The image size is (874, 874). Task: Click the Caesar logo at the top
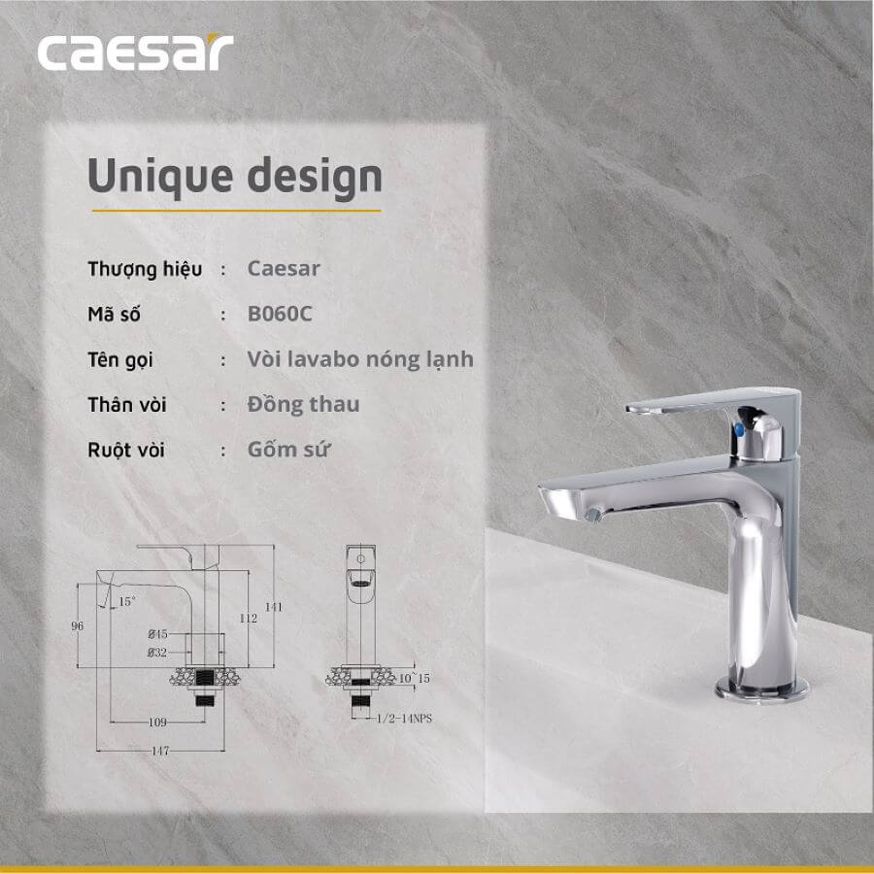135,52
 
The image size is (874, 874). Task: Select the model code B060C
280,314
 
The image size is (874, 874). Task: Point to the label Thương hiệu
145,269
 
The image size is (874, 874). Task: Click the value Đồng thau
303,404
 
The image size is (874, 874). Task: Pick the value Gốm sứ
288,449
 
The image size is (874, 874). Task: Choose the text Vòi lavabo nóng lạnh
360,359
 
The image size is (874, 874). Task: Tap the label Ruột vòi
126,450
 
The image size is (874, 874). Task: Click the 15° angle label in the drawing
126,601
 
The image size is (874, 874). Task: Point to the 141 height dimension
273,607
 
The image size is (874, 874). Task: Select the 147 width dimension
160,751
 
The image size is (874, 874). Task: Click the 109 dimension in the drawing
157,722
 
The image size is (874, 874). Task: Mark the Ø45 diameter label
157,634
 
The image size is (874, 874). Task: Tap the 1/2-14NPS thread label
404,719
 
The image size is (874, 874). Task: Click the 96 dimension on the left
77,626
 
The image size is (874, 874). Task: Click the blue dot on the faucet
739,429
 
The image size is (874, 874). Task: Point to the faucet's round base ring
762,689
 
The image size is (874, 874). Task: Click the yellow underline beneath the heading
236,211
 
